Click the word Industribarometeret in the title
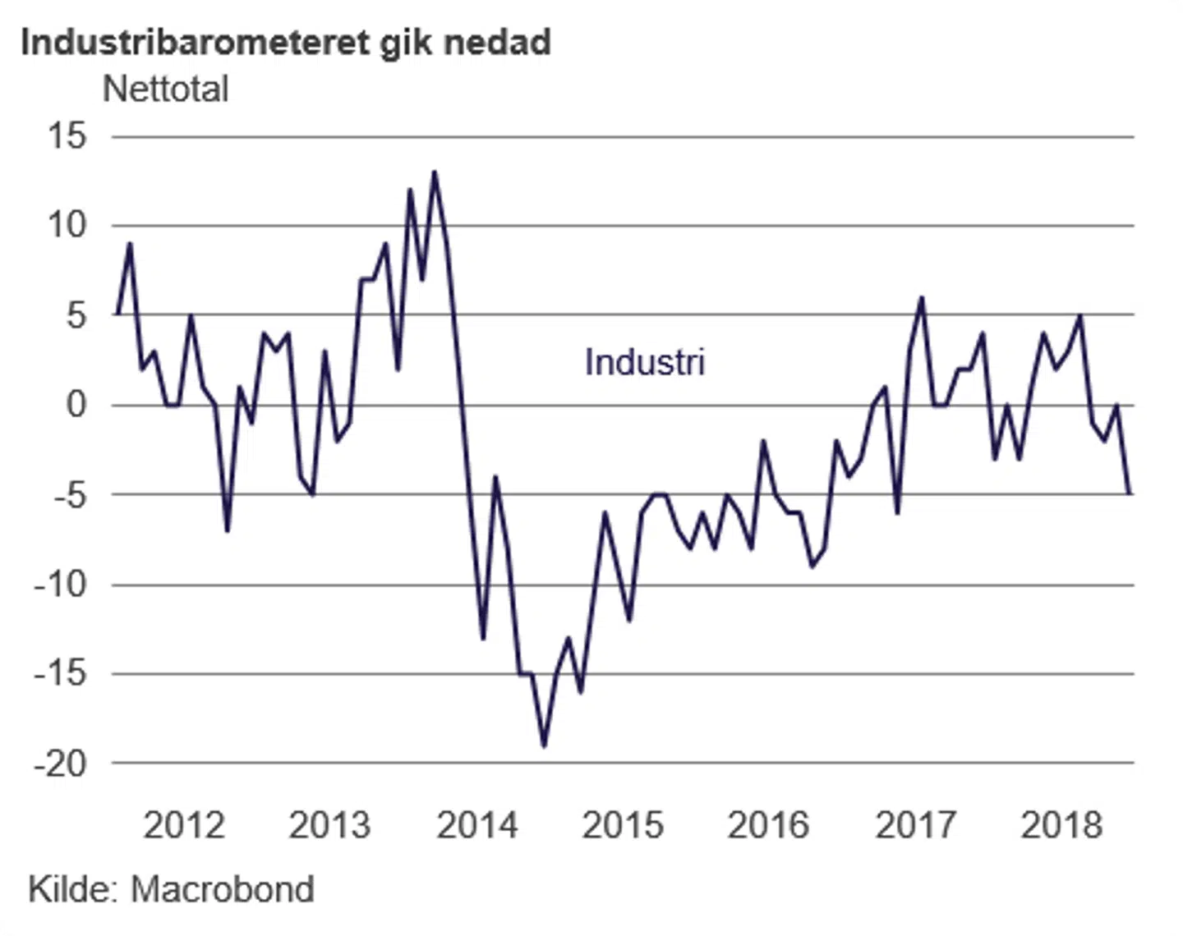point(195,42)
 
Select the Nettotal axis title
point(165,89)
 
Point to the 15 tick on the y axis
point(67,135)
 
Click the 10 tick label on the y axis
point(67,225)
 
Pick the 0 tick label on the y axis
point(76,404)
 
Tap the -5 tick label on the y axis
point(62,495)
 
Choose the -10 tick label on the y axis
point(60,585)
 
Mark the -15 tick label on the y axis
point(60,673)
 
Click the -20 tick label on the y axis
point(60,764)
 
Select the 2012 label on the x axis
point(184,825)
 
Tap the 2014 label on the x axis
point(477,825)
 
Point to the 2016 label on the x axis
point(769,825)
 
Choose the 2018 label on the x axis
point(1061,825)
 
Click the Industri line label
point(645,362)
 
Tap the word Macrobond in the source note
point(223,889)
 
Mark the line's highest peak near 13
point(435,172)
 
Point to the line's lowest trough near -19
point(544,746)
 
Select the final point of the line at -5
point(1130,493)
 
